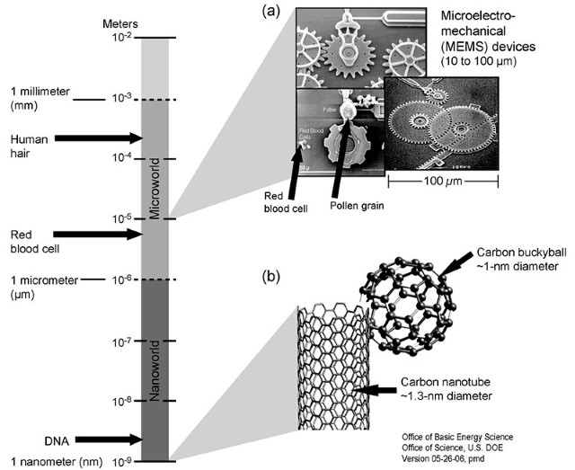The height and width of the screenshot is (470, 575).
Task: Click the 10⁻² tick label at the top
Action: tap(121, 38)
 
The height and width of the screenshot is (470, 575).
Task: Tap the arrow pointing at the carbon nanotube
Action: tap(376, 389)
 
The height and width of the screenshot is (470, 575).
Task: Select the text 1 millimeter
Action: tap(44, 92)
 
